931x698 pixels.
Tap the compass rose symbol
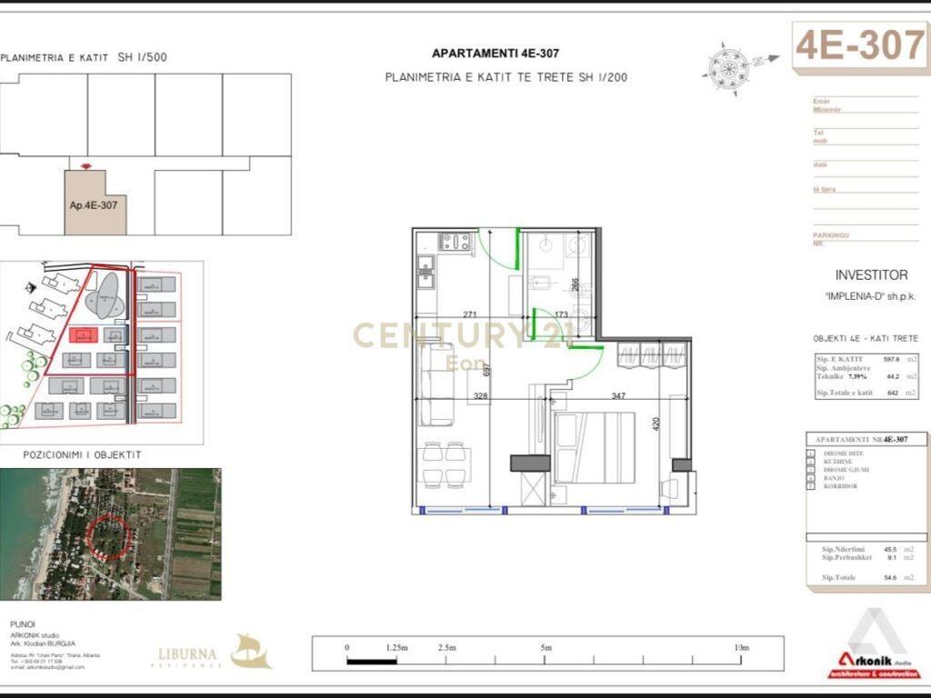726,63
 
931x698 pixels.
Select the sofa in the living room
436,384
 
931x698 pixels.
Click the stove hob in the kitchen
455,242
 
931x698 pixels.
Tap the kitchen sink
425,267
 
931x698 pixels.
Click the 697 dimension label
487,369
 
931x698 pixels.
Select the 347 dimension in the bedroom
618,396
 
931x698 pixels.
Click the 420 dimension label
656,424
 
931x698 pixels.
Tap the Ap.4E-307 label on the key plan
94,205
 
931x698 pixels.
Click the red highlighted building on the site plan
83,336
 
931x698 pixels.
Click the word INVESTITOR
871,274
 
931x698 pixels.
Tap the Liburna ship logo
250,651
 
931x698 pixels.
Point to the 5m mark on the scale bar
546,648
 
